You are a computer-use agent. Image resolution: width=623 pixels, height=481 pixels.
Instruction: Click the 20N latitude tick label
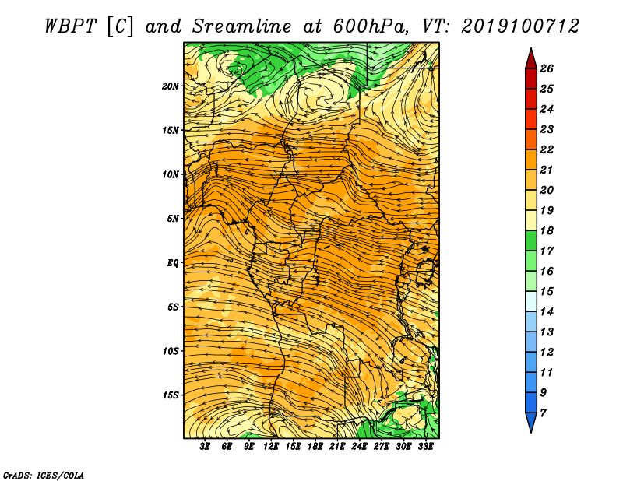pos(171,86)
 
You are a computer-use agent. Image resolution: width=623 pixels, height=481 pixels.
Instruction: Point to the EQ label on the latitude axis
pos(172,263)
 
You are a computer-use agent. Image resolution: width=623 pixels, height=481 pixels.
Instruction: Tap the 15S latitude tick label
pos(171,395)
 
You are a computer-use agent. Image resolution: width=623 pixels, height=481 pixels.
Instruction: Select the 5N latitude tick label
pos(172,219)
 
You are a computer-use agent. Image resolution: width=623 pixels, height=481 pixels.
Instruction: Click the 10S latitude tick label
pos(171,351)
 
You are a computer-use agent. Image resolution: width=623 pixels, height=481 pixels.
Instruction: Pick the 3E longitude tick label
pos(205,447)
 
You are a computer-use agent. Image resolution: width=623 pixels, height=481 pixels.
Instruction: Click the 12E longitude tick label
pos(270,447)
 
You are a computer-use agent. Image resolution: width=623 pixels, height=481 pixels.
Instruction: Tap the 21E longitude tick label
pos(337,447)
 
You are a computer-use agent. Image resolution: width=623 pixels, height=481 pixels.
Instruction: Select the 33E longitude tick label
pos(425,447)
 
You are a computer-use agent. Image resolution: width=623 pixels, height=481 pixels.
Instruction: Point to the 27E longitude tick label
pos(381,447)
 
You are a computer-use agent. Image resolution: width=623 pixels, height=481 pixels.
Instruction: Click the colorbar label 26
pos(547,68)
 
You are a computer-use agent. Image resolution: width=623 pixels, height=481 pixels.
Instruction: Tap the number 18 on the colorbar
pos(547,230)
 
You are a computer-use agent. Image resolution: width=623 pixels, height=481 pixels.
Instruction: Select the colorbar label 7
pos(544,413)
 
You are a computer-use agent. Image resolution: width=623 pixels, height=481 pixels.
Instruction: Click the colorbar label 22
pos(547,149)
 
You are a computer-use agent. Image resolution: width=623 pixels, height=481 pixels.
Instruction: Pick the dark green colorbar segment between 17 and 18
pos(531,240)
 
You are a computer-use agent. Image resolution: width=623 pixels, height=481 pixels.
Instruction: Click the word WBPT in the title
pos(70,26)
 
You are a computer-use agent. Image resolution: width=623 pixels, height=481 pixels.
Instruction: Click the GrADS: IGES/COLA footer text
pos(44,475)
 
